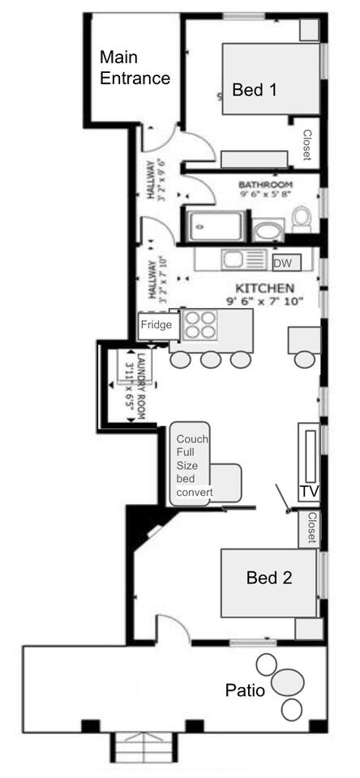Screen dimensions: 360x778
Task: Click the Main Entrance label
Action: pyautogui.click(x=135, y=67)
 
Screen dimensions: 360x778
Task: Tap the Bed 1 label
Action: pyautogui.click(x=255, y=90)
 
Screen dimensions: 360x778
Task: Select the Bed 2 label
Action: pyautogui.click(x=269, y=577)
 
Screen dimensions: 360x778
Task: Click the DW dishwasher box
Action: pyautogui.click(x=286, y=263)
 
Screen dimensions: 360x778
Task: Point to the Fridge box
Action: pyautogui.click(x=156, y=326)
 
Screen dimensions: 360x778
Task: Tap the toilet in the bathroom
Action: pyautogui.click(x=302, y=219)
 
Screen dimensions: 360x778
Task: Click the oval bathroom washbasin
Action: pyautogui.click(x=268, y=231)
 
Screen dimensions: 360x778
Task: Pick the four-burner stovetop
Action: pyautogui.click(x=200, y=324)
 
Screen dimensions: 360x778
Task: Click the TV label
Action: pyautogui.click(x=308, y=491)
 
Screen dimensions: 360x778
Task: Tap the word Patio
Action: pyautogui.click(x=246, y=690)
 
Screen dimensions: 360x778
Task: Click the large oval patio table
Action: pyautogui.click(x=288, y=682)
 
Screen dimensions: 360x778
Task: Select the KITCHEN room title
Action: pyautogui.click(x=264, y=289)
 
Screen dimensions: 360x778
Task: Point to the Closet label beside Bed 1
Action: pyautogui.click(x=306, y=145)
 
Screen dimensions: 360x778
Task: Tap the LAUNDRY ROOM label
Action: pyautogui.click(x=136, y=387)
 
